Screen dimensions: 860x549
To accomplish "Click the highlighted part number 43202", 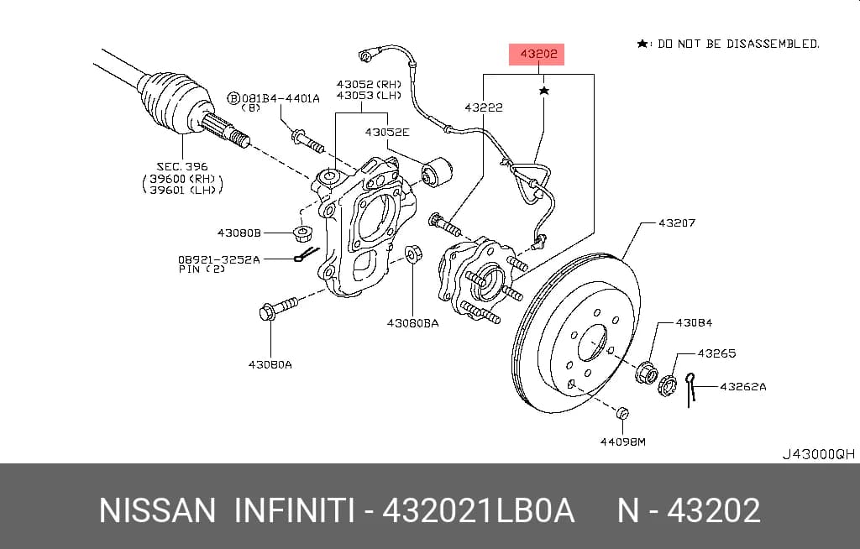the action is coord(538,54).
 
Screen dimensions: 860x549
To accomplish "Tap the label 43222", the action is coord(483,107).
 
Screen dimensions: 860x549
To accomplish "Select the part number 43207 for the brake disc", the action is coord(677,222).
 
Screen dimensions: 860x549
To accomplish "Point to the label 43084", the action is coord(694,322).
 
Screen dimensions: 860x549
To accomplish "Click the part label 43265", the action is coord(716,353).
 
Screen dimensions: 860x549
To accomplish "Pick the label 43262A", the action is coord(742,386).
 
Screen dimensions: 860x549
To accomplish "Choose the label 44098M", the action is coord(622,442).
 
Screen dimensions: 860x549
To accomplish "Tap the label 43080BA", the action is coord(412,323).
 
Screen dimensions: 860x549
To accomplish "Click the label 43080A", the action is coord(270,364).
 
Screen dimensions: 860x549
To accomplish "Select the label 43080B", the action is coord(239,233).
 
